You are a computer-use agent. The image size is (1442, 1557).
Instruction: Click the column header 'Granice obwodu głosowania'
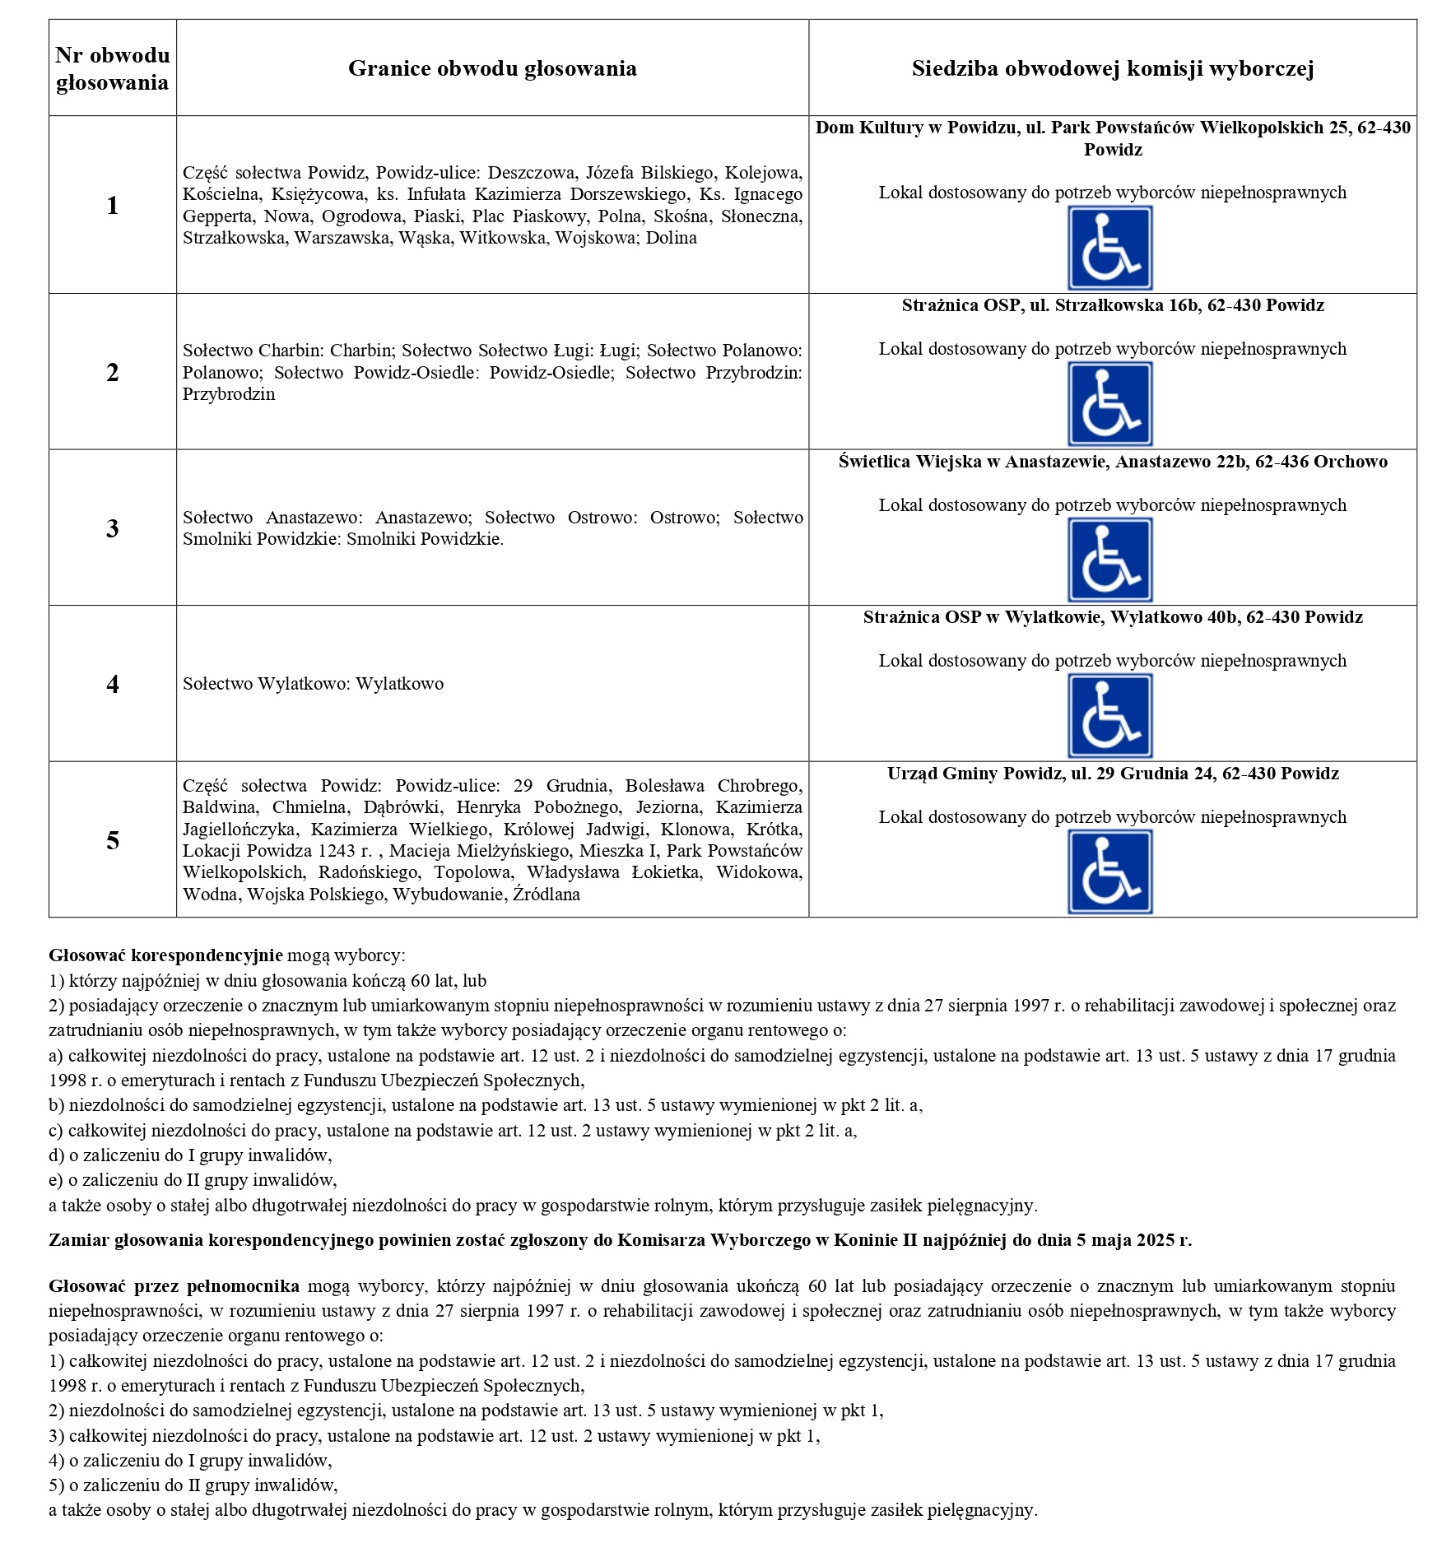[492, 68]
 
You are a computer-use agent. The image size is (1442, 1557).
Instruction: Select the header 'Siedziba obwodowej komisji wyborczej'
[1112, 68]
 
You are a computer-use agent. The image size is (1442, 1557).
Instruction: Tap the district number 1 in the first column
[113, 206]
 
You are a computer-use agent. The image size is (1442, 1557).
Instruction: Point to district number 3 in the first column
[113, 528]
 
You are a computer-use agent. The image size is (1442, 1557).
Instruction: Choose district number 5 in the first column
[113, 840]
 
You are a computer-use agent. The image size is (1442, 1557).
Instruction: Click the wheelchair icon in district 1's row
[1109, 248]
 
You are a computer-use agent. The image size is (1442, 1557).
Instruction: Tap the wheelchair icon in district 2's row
[1109, 404]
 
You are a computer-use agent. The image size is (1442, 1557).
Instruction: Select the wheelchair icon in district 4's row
[1109, 716]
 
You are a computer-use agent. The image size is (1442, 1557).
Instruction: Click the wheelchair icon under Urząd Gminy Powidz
[1109, 871]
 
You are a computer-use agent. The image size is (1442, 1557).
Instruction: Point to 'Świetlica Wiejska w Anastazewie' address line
[1112, 462]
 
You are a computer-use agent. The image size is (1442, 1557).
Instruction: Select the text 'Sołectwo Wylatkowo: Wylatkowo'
[313, 684]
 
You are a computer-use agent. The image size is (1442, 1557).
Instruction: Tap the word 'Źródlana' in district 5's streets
[546, 895]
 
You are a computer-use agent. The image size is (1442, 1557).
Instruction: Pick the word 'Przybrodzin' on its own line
[229, 394]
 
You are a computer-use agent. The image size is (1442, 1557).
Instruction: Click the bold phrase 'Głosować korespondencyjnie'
[165, 955]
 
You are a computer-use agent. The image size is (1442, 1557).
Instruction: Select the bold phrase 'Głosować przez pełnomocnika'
[174, 1285]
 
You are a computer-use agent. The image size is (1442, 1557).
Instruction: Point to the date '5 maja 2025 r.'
[1133, 1240]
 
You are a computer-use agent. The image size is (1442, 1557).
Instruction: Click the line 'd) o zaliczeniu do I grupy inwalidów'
[190, 1155]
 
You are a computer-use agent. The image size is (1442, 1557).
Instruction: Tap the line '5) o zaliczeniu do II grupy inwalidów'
[193, 1485]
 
